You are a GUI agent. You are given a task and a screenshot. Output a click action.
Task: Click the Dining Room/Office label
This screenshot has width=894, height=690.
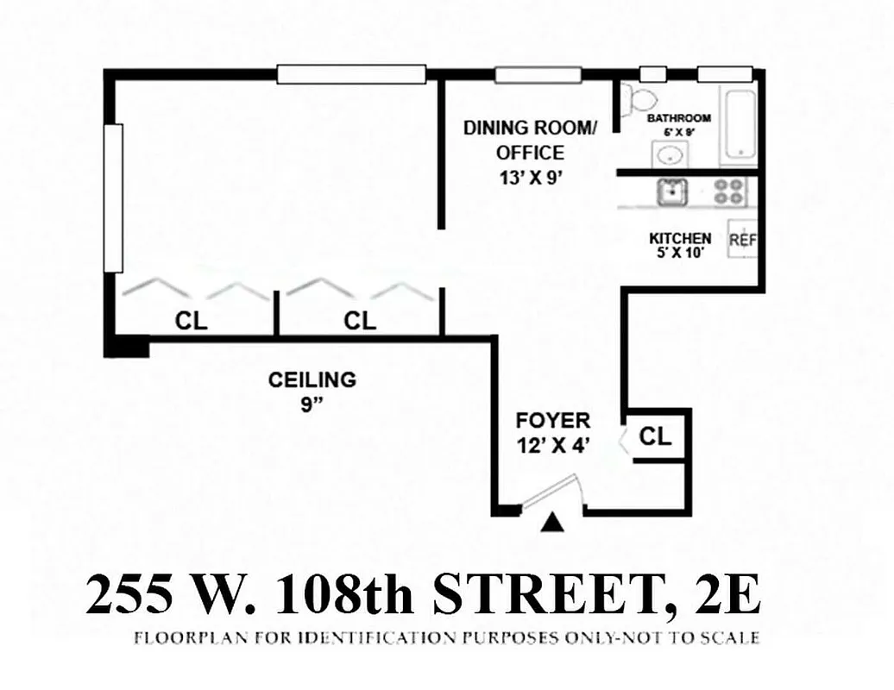[530, 141]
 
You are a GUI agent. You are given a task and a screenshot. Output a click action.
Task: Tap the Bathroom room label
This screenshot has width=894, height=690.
[679, 118]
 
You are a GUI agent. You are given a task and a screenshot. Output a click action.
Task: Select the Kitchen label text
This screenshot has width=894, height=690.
[680, 238]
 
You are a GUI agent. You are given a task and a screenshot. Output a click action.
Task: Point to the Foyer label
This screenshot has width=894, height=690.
[552, 421]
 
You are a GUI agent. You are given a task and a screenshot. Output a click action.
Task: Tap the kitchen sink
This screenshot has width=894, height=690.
[671, 191]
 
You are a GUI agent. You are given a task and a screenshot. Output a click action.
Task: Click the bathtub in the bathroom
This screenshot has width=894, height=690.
[740, 125]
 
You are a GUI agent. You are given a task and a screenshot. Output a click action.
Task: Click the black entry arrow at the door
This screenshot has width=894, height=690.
[553, 522]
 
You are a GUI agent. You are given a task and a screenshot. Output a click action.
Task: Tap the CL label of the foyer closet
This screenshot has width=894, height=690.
[655, 436]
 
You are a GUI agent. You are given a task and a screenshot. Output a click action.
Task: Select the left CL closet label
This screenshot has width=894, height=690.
[191, 322]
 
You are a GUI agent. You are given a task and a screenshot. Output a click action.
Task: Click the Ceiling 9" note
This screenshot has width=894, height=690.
[312, 390]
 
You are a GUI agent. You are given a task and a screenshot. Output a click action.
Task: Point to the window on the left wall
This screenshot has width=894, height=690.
[113, 198]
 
